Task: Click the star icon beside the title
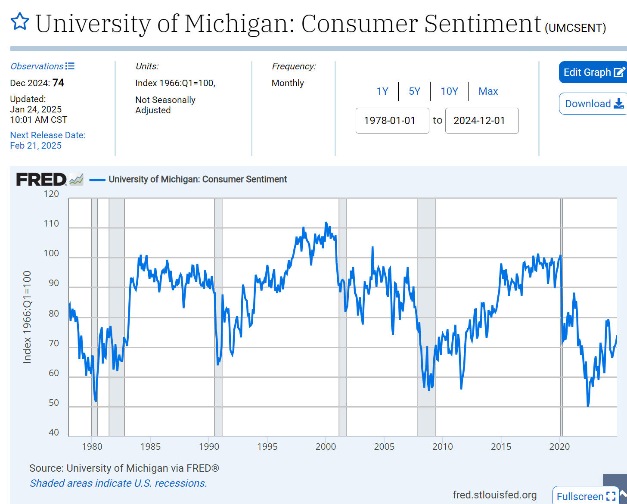(20, 22)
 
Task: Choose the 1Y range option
(382, 91)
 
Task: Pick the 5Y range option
(414, 91)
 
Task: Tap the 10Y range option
(449, 91)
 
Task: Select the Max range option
(488, 91)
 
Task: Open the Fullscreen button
(586, 496)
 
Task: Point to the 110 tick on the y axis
(51, 224)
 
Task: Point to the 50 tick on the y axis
(54, 403)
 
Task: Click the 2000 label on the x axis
(326, 447)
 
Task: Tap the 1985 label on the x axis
(150, 447)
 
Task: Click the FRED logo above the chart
(41, 179)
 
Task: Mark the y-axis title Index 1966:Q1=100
(27, 317)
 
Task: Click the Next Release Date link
(47, 135)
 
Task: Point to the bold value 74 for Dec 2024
(58, 83)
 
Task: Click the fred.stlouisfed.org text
(494, 495)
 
